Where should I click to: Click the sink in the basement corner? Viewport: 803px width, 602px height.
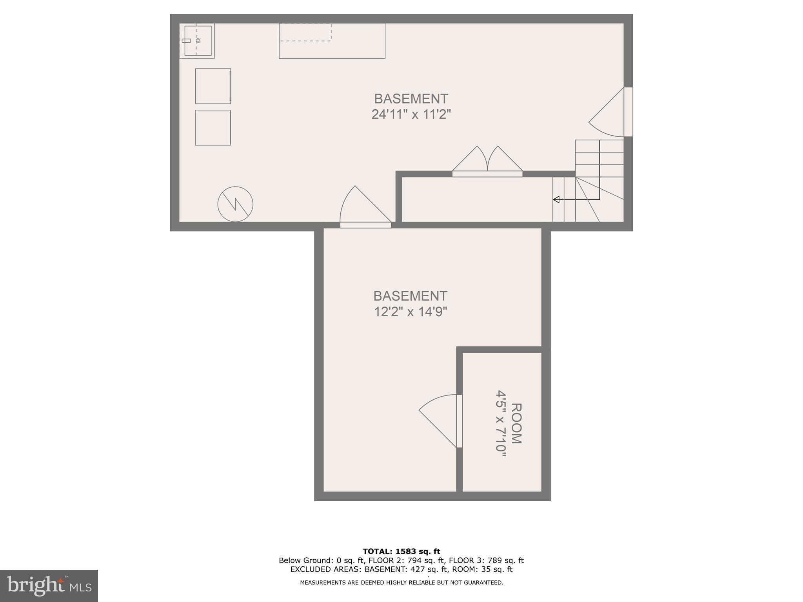click(x=198, y=41)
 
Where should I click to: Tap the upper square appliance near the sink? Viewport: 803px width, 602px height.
click(x=213, y=86)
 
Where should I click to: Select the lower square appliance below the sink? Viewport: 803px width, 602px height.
click(x=213, y=127)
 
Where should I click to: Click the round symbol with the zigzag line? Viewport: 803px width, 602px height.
click(x=235, y=204)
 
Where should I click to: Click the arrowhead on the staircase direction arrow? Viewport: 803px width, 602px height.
click(x=556, y=199)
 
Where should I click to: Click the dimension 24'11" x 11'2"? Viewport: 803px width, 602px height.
click(x=411, y=114)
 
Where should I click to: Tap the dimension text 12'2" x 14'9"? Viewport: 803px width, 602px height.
click(x=411, y=312)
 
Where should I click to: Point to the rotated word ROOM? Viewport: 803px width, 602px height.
click(x=516, y=423)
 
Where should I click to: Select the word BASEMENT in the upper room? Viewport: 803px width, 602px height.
click(x=411, y=98)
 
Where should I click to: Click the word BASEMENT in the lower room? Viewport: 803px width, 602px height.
click(x=411, y=296)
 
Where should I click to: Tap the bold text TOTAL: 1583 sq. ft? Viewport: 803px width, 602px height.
click(x=401, y=551)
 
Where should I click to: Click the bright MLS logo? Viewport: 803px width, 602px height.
click(x=49, y=586)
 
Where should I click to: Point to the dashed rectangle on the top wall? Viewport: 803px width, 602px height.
click(x=305, y=32)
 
